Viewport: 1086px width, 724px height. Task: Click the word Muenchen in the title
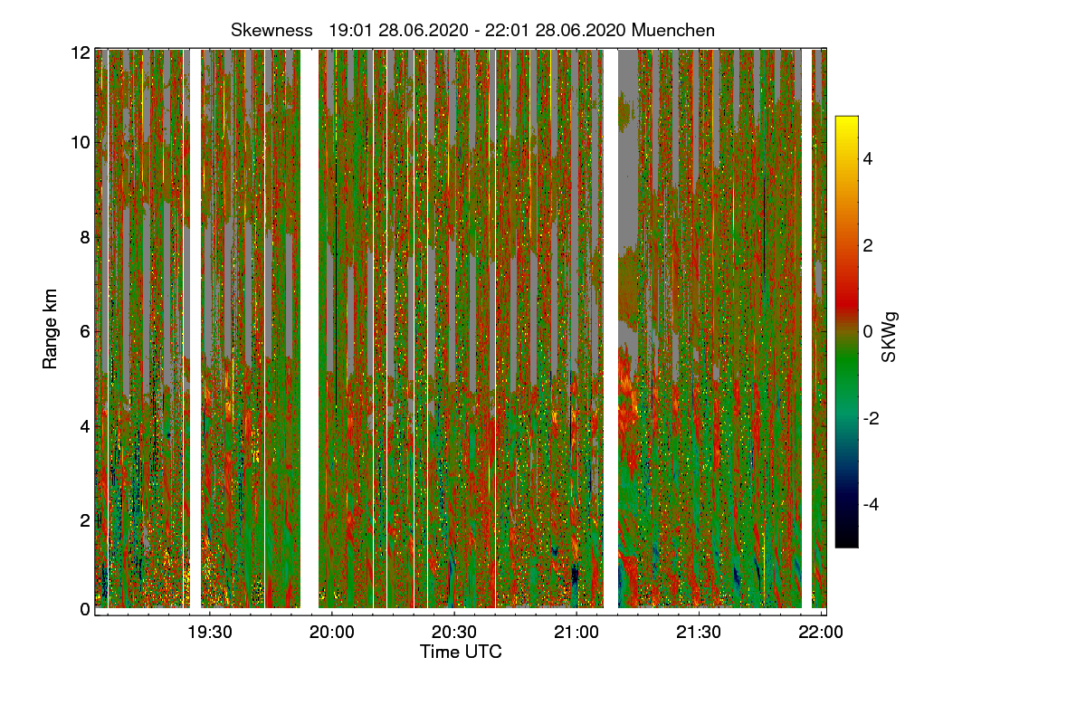tap(673, 30)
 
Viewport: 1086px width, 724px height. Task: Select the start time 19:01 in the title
tap(347, 30)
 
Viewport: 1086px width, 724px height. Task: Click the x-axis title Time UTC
tap(461, 652)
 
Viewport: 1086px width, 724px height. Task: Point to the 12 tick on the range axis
tap(81, 52)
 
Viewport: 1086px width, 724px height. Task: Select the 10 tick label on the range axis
tap(81, 143)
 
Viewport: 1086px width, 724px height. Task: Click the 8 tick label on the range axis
tap(84, 237)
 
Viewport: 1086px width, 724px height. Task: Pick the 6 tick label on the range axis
tap(84, 331)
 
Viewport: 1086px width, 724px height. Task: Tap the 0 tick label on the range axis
tap(84, 609)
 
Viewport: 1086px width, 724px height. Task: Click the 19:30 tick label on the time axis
tap(210, 633)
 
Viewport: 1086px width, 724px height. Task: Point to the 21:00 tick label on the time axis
tap(576, 633)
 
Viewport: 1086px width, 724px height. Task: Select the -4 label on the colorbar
tap(871, 504)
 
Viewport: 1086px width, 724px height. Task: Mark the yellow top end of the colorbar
tap(846, 119)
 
